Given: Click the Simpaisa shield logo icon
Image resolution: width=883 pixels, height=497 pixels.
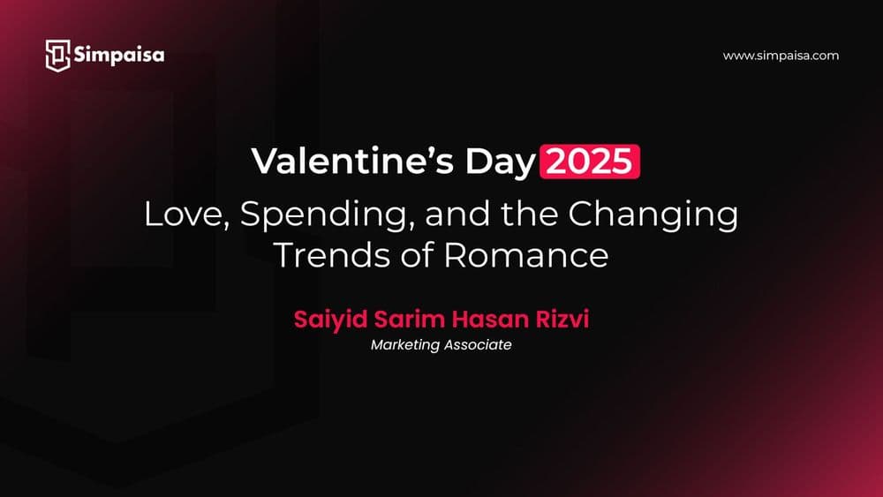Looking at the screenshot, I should point(57,55).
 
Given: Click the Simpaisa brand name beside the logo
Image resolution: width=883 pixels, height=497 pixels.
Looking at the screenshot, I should point(118,55).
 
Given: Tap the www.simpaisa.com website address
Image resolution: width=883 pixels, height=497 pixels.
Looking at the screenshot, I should point(780,56).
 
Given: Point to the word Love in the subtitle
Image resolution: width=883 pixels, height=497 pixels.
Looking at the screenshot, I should point(178,215).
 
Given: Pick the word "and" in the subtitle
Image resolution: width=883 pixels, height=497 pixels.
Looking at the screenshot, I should point(444,215).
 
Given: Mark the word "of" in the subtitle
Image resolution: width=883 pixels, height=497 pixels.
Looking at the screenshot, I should point(417,254).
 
